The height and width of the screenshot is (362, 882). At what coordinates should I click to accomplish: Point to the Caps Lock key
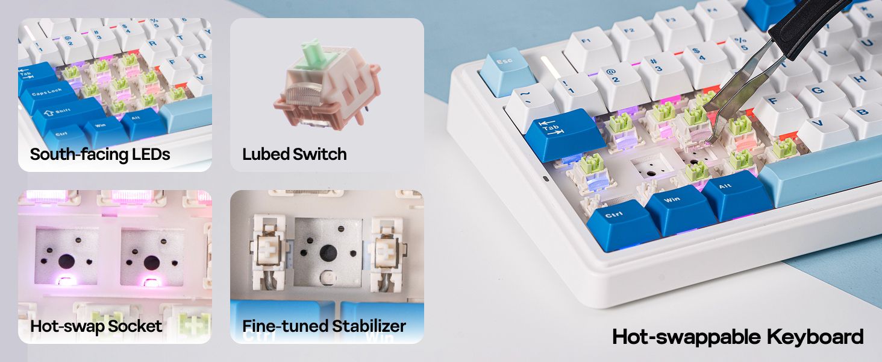pyautogui.click(x=47, y=97)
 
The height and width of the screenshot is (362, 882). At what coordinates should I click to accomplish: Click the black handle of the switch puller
pyautogui.click(x=807, y=24)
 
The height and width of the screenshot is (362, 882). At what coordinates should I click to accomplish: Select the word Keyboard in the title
pyautogui.click(x=815, y=337)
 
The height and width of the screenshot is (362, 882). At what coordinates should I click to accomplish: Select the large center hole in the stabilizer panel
pyautogui.click(x=328, y=253)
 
